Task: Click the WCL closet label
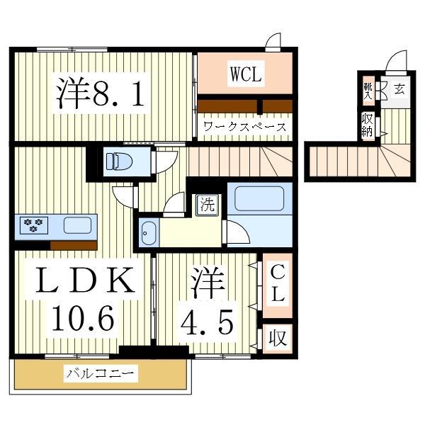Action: click(245, 73)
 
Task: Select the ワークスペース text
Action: click(244, 127)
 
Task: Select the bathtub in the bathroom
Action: click(259, 199)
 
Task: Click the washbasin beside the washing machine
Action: click(148, 233)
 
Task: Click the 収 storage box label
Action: click(278, 339)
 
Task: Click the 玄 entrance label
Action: click(399, 89)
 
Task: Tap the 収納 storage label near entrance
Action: click(367, 125)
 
